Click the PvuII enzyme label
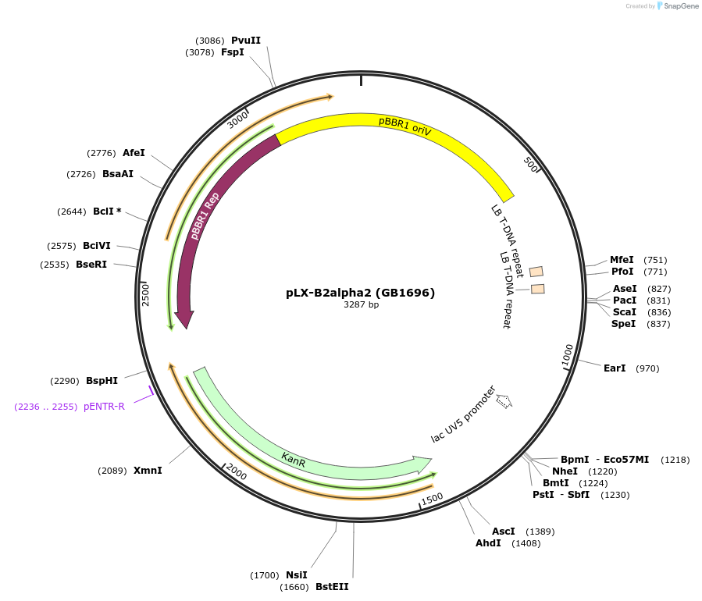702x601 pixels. click(246, 41)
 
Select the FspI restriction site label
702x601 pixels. click(233, 52)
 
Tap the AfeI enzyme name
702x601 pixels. click(134, 153)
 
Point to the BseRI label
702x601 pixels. click(91, 265)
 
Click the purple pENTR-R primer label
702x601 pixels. click(104, 407)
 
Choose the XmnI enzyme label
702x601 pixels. click(148, 471)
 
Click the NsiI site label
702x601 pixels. click(297, 575)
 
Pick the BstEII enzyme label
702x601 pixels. click(332, 587)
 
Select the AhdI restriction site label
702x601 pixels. click(488, 543)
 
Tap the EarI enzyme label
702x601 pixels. click(615, 368)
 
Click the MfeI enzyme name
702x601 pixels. click(622, 260)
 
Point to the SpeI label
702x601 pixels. click(624, 324)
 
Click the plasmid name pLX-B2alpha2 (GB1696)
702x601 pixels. click(361, 293)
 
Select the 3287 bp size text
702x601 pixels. click(361, 305)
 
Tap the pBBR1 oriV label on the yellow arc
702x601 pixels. click(404, 126)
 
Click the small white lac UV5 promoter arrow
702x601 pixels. click(504, 402)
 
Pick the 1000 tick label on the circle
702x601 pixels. click(568, 354)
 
